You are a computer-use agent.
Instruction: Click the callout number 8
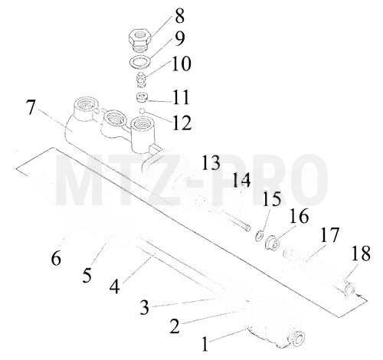(179, 16)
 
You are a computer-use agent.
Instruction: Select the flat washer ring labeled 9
(140, 62)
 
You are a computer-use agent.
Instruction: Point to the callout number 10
(181, 64)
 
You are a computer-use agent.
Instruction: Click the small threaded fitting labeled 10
(140, 80)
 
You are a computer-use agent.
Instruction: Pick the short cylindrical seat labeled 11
(141, 98)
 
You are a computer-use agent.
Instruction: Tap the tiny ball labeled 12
(142, 110)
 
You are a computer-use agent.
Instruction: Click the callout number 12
(182, 123)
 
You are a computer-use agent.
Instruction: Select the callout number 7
(31, 107)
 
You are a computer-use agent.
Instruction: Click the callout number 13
(211, 162)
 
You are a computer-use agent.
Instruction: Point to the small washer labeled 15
(260, 235)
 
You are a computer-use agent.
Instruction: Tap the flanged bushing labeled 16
(273, 243)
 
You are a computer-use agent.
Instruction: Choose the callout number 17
(329, 234)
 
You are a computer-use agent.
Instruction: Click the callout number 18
(361, 254)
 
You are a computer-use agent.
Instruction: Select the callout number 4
(114, 286)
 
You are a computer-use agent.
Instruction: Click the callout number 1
(205, 344)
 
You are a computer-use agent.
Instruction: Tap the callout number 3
(145, 307)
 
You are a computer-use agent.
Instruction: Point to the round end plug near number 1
(297, 339)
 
